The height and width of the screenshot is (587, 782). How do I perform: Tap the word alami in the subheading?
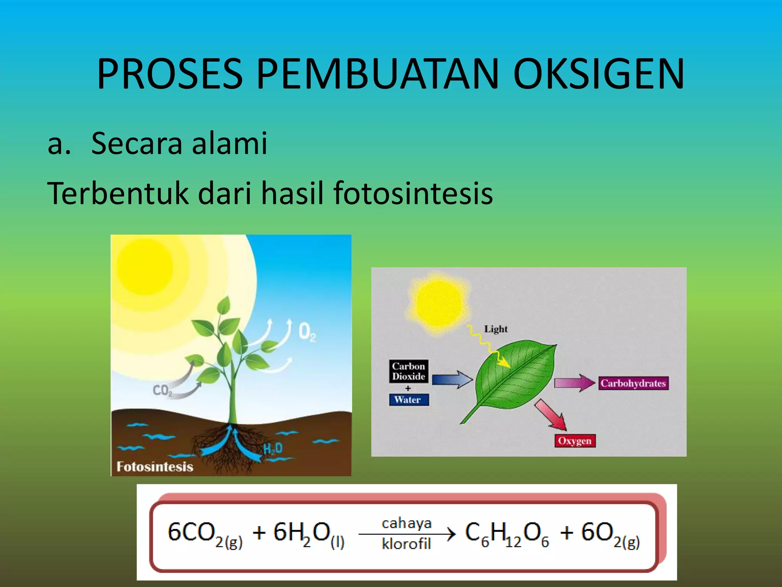point(229,143)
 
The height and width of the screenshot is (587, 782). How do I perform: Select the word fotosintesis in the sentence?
point(413,193)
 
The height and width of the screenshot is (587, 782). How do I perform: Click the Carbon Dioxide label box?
point(409,371)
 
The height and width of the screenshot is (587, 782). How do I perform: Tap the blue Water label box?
point(408,400)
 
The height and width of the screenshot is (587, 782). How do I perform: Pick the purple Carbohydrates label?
point(633,383)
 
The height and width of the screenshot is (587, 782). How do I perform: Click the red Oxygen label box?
point(574,441)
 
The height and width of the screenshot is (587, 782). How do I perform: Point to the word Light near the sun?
point(496,329)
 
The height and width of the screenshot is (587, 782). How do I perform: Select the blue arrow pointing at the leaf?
point(452,379)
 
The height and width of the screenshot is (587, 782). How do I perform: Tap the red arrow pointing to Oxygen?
point(551,415)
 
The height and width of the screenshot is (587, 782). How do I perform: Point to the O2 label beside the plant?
point(307,332)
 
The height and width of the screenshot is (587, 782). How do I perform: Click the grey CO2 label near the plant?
point(162,390)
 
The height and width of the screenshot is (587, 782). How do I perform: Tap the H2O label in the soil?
point(273,449)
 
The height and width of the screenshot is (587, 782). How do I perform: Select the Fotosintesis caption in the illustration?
point(155,467)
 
